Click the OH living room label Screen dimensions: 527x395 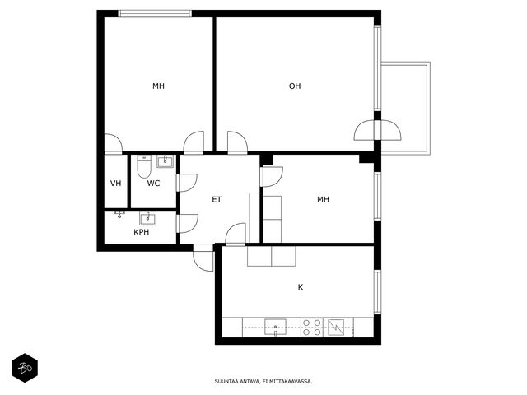295,86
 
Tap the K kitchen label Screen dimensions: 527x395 301,287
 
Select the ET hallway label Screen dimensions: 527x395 217,199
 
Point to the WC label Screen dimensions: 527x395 153,184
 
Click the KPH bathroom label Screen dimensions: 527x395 141,232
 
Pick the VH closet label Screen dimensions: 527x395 115,184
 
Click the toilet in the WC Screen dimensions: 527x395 144,166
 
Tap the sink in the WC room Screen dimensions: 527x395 165,161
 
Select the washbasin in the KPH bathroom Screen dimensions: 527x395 148,219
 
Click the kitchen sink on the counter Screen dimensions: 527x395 275,328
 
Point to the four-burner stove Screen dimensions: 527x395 312,328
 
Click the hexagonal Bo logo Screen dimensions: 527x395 25,368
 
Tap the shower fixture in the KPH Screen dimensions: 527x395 119,214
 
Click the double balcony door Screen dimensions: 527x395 377,130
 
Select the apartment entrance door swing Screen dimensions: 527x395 203,258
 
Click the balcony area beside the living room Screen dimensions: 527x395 406,108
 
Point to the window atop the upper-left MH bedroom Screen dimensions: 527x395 155,14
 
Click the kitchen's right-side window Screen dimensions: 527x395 377,292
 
